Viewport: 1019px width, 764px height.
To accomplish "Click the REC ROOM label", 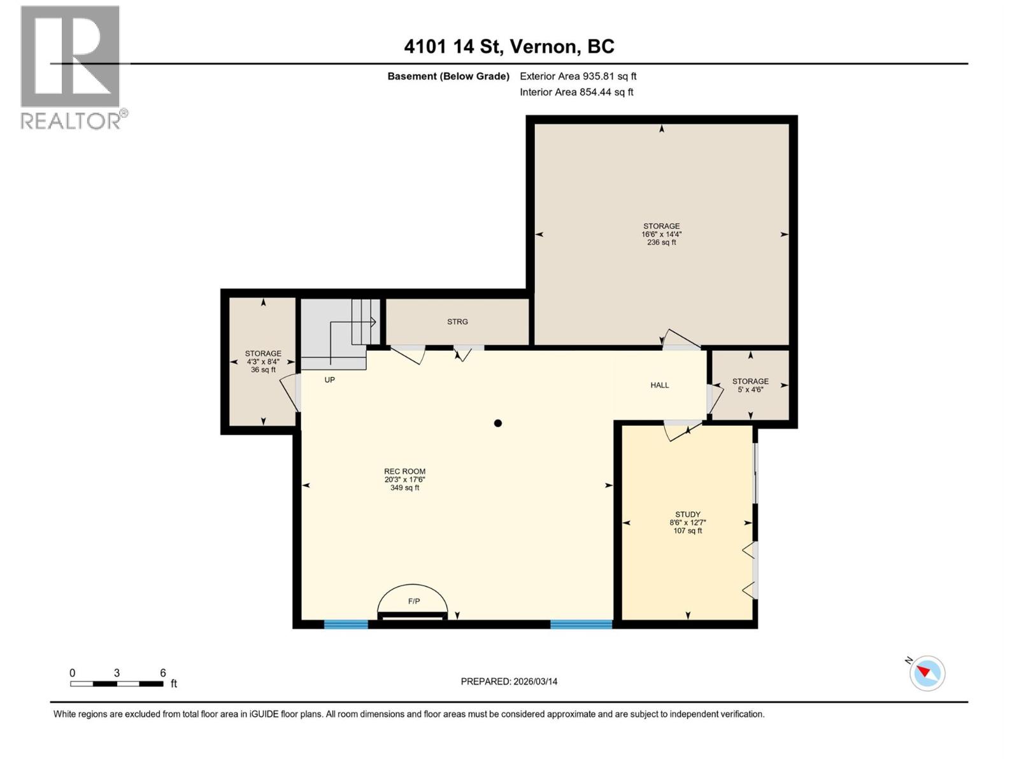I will click(404, 472).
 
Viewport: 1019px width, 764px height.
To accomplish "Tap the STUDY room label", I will click(687, 514).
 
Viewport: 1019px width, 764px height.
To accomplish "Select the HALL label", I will click(659, 385).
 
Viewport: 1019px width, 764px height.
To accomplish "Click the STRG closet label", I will click(457, 322).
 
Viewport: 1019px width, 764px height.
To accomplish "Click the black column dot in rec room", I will click(498, 423).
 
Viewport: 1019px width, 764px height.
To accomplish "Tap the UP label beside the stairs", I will click(329, 380).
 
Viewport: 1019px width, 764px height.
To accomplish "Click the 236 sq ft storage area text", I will click(661, 243).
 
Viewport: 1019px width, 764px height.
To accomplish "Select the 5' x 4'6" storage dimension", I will click(750, 390).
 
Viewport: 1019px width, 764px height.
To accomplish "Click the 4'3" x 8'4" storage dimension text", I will click(263, 362).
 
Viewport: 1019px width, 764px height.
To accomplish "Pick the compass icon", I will click(927, 673).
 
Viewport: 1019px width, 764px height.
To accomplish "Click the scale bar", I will click(117, 684).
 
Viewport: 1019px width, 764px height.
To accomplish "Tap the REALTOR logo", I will click(71, 67).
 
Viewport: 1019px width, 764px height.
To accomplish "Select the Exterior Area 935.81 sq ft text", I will click(578, 76).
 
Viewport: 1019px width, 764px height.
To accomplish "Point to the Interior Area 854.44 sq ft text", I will click(576, 92).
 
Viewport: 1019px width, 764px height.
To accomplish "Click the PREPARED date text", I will click(509, 681).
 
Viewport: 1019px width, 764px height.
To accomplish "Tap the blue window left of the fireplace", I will click(346, 625).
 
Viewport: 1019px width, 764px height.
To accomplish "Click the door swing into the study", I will click(679, 432).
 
